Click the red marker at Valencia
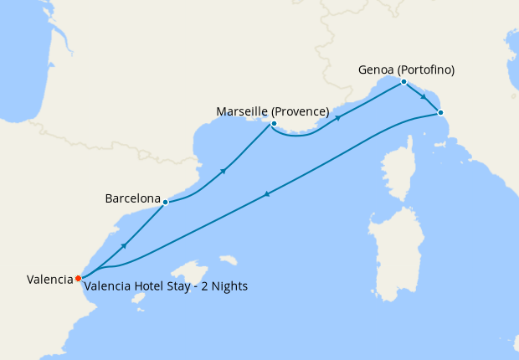click(78, 278)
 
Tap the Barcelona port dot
click(166, 202)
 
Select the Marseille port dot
click(274, 124)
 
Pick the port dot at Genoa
click(403, 81)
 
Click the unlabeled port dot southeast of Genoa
click(440, 112)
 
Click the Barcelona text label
click(132, 199)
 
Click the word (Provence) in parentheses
click(300, 111)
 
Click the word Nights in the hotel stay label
click(229, 286)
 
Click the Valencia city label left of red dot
click(49, 280)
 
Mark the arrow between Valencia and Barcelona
click(124, 245)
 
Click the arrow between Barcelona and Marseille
click(224, 171)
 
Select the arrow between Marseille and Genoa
click(338, 118)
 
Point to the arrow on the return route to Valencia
click(267, 194)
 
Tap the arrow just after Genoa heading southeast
click(424, 97)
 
